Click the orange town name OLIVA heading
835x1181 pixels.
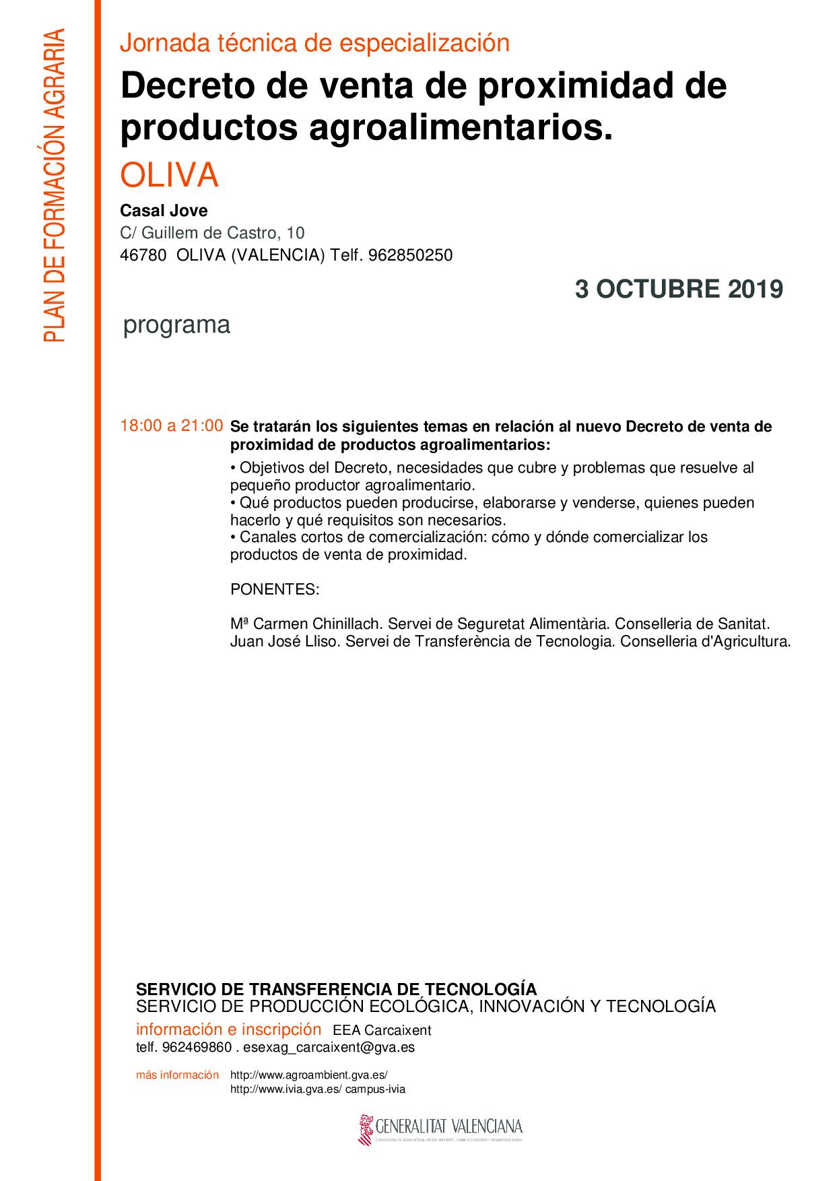(x=169, y=175)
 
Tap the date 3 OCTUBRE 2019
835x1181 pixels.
(x=679, y=290)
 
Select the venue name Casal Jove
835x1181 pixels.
(x=164, y=211)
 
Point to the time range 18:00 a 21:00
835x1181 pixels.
(x=171, y=426)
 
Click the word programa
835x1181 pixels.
(x=176, y=325)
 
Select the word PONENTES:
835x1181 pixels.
(x=275, y=590)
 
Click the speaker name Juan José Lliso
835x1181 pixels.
(x=286, y=641)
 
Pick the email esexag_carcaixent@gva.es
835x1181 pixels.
(x=329, y=1047)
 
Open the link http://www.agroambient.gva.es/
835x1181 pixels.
(x=309, y=1075)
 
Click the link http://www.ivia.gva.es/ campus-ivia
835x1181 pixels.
(x=317, y=1089)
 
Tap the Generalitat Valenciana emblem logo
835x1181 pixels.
(x=367, y=1128)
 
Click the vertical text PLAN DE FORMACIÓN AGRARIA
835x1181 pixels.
(x=54, y=185)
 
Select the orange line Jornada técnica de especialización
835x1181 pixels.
(x=314, y=44)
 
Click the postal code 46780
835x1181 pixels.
(x=143, y=256)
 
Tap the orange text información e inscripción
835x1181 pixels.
(x=228, y=1030)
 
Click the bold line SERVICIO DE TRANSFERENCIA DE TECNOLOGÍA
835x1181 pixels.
(x=336, y=989)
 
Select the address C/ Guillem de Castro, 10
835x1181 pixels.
(x=212, y=233)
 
